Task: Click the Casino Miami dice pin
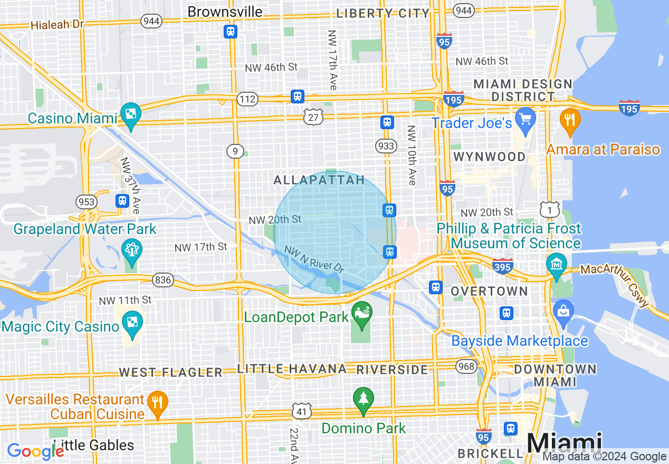pyautogui.click(x=130, y=113)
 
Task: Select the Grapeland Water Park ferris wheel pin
pyautogui.click(x=131, y=250)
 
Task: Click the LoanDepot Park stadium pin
pyautogui.click(x=362, y=312)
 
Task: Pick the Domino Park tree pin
pyautogui.click(x=363, y=399)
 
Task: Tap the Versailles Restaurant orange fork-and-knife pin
pyautogui.click(x=157, y=402)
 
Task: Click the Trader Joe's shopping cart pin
pyautogui.click(x=525, y=118)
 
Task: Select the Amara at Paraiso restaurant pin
pyautogui.click(x=570, y=119)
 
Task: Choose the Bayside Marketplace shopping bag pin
pyautogui.click(x=563, y=312)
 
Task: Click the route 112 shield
pyautogui.click(x=247, y=99)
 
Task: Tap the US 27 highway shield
pyautogui.click(x=313, y=117)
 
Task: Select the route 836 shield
pyautogui.click(x=163, y=280)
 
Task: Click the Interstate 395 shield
pyautogui.click(x=502, y=266)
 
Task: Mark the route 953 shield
pyautogui.click(x=87, y=202)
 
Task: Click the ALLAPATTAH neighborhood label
pyautogui.click(x=319, y=180)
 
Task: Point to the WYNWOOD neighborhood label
pyautogui.click(x=489, y=157)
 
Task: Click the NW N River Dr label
pyautogui.click(x=314, y=259)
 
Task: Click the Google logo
pyautogui.click(x=35, y=451)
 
